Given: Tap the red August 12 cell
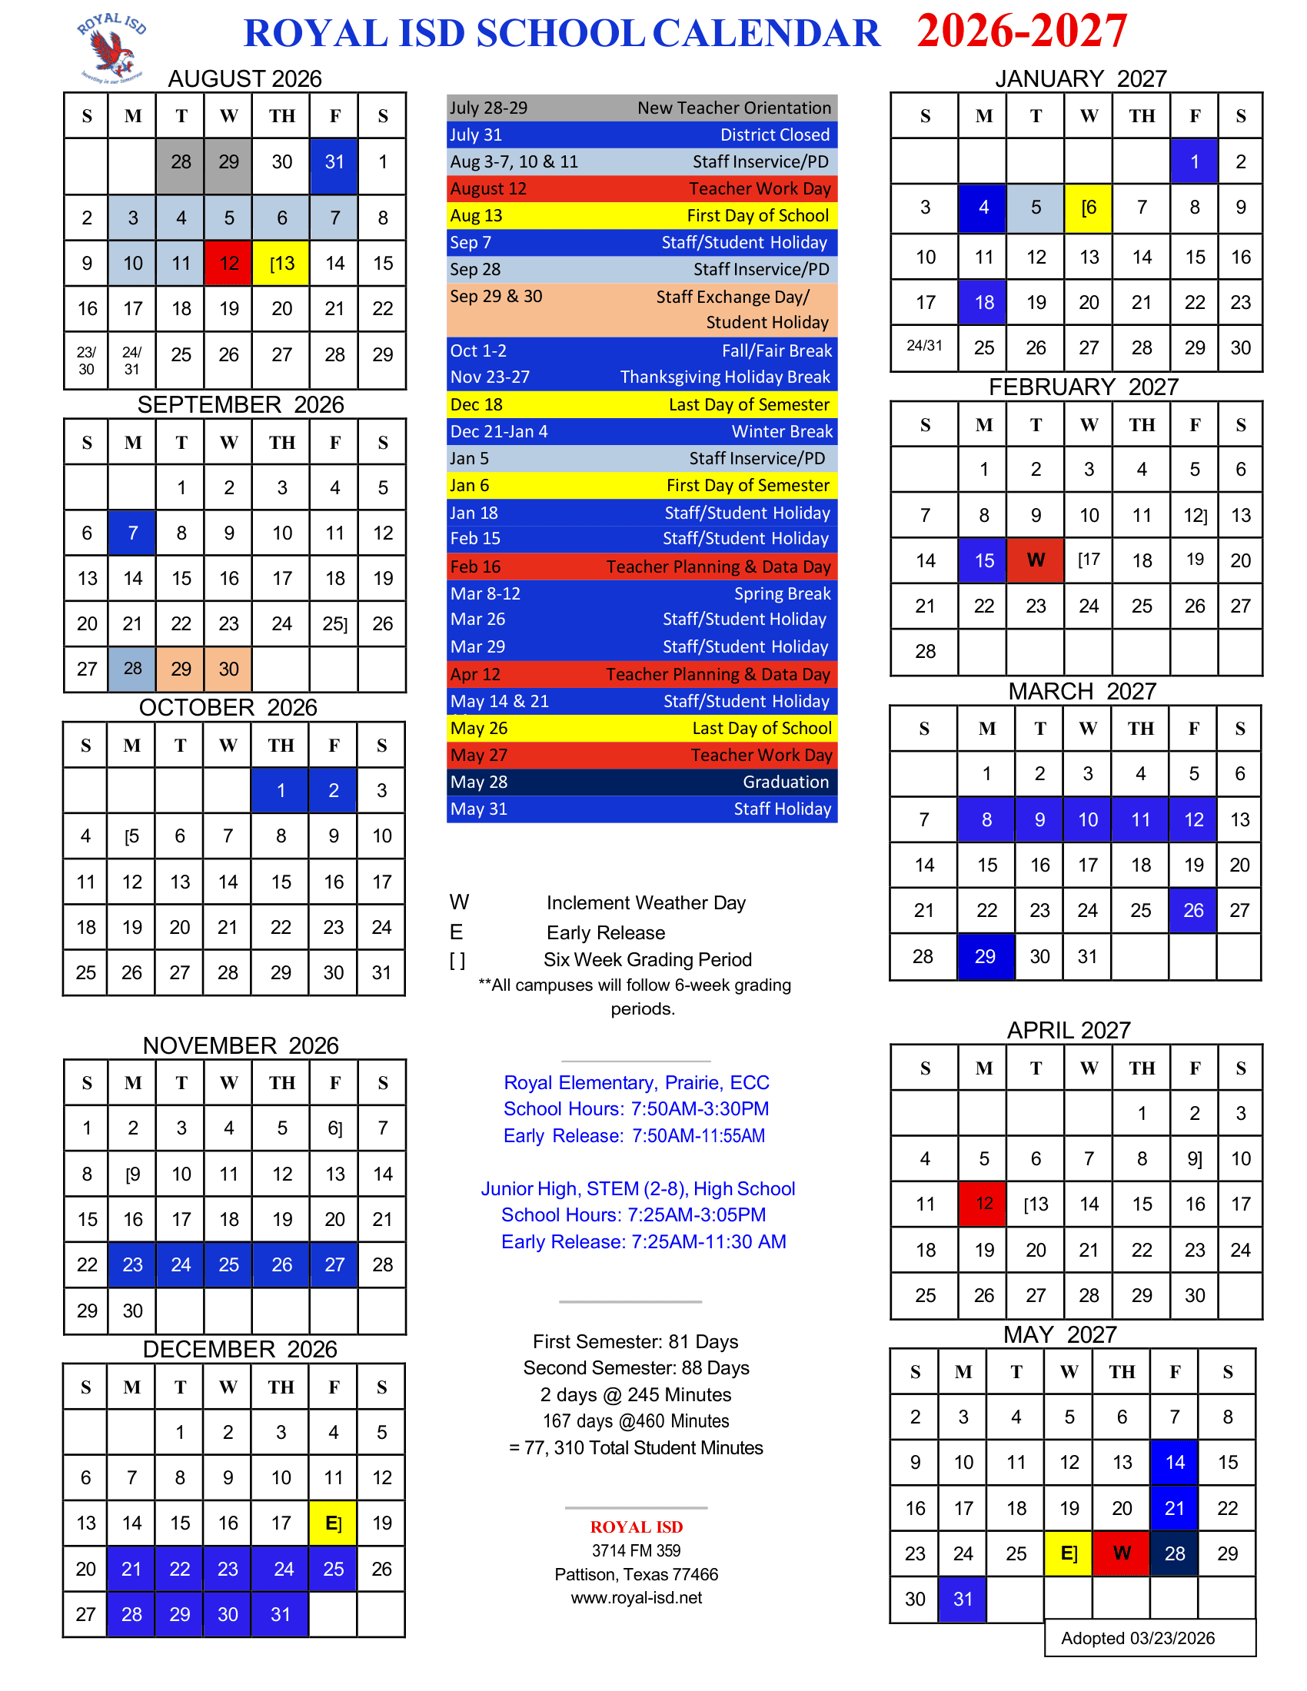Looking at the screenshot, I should pyautogui.click(x=228, y=263).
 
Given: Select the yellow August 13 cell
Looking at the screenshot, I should pyautogui.click(x=282, y=263).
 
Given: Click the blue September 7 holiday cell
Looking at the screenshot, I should pyautogui.click(x=132, y=533).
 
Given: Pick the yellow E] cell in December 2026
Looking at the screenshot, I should pyautogui.click(x=333, y=1523).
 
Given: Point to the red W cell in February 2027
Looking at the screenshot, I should pyautogui.click(x=1036, y=560).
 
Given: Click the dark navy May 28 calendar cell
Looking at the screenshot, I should pyautogui.click(x=1174, y=1553).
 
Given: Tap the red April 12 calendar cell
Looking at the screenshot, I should pyautogui.click(x=983, y=1203).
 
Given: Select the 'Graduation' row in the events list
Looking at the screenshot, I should pyautogui.click(x=642, y=782).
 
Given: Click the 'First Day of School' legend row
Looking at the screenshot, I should pyautogui.click(x=642, y=215).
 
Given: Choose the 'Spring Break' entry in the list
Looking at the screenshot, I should pyautogui.click(x=642, y=594).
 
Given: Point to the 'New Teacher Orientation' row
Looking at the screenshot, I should pyautogui.click(x=642, y=108).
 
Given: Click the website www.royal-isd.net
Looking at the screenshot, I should pyautogui.click(x=636, y=1597).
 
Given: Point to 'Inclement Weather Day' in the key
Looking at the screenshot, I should pyautogui.click(x=646, y=903).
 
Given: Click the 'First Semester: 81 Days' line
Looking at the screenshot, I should pyautogui.click(x=635, y=1341).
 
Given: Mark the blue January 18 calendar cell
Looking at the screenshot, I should pyautogui.click(x=983, y=302).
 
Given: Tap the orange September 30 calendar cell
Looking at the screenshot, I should pyautogui.click(x=228, y=669).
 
